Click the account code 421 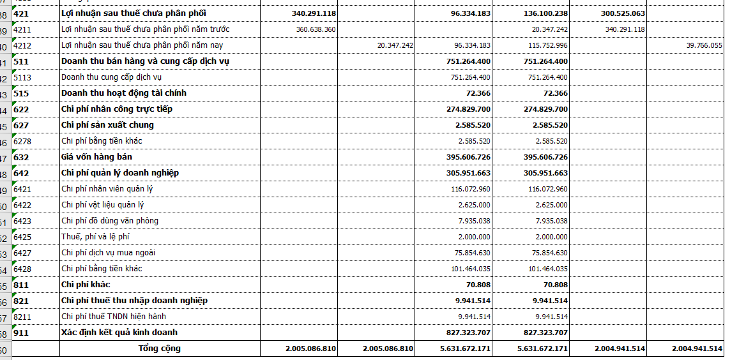pyautogui.click(x=21, y=13)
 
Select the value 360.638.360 pyautogui.click(x=316, y=29)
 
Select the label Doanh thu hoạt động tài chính pyautogui.click(x=124, y=93)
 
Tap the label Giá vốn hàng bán pyautogui.click(x=96, y=157)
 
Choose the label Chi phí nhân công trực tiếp pyautogui.click(x=117, y=109)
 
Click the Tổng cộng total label pyautogui.click(x=160, y=349)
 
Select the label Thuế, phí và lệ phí pyautogui.click(x=95, y=237)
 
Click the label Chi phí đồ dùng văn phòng pyautogui.click(x=110, y=221)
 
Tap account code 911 pyautogui.click(x=21, y=333)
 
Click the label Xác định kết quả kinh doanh pyautogui.click(x=119, y=333)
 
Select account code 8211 pyautogui.click(x=22, y=317)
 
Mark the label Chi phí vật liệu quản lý pyautogui.click(x=103, y=205)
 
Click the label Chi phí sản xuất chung pyautogui.click(x=107, y=125)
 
